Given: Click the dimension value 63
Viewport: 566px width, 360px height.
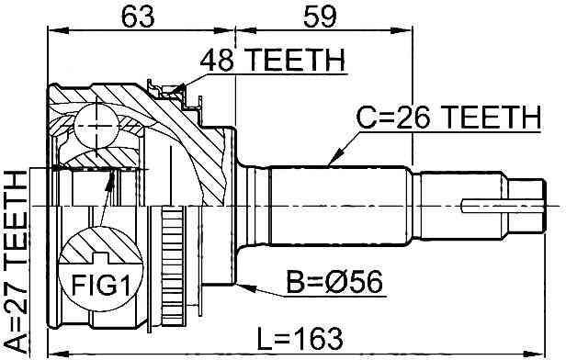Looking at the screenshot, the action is click(x=138, y=17).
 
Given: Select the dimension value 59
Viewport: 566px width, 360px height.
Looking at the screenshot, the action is click(x=320, y=17).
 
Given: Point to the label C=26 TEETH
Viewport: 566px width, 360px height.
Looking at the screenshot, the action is click(x=448, y=118).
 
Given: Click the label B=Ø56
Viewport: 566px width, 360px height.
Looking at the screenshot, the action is click(x=334, y=283).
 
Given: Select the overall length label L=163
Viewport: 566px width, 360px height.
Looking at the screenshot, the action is click(x=300, y=339).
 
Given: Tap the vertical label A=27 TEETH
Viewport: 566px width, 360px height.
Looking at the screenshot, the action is click(x=17, y=262).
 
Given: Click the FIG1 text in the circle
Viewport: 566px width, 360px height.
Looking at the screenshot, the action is click(x=101, y=285).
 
